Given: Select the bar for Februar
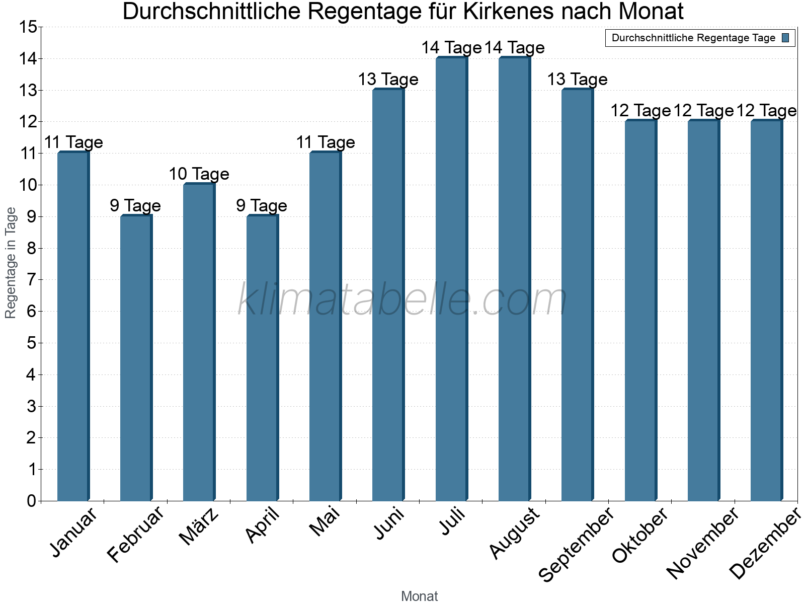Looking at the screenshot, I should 136,358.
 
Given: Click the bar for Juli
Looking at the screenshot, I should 451,279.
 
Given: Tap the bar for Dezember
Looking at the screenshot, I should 766,311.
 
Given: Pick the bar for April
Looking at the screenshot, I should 262,358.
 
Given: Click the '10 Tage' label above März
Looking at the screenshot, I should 199,174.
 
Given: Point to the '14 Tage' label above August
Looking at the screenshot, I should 514,48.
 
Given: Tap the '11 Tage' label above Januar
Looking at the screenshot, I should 73,142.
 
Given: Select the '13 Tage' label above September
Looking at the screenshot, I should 577,80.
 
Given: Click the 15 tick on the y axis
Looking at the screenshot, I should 28,27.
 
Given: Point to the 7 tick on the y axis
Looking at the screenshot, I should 31,280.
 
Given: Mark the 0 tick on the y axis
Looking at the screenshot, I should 31,501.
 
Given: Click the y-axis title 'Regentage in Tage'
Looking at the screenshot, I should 11,263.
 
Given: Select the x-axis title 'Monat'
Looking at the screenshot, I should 419,596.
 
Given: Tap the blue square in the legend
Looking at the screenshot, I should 785,38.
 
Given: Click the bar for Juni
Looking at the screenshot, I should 388,295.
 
